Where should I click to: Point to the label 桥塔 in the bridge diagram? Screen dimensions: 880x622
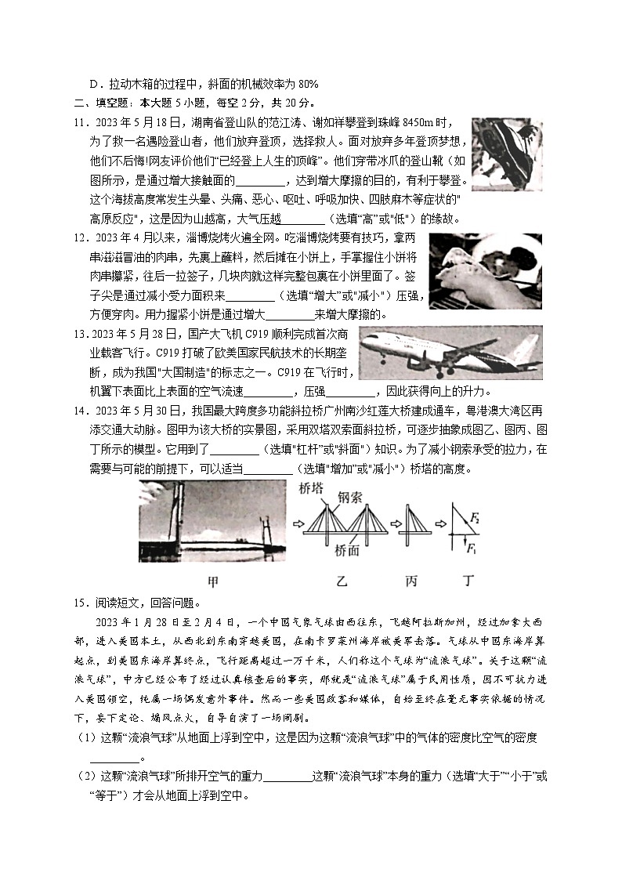click(x=311, y=488)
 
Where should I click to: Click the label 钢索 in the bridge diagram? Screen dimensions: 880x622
click(x=349, y=497)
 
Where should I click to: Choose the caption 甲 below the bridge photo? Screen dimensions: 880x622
click(x=212, y=582)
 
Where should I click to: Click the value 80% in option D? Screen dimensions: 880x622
click(x=307, y=85)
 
